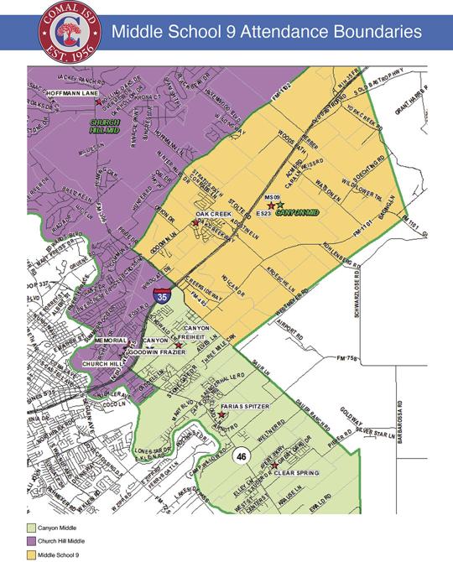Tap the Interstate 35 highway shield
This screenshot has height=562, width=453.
pyautogui.click(x=160, y=294)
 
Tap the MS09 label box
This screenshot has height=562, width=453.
pyautogui.click(x=270, y=196)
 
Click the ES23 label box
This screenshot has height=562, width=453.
pyautogui.click(x=263, y=215)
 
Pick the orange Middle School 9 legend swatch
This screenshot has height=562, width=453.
pyautogui.click(x=30, y=554)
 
